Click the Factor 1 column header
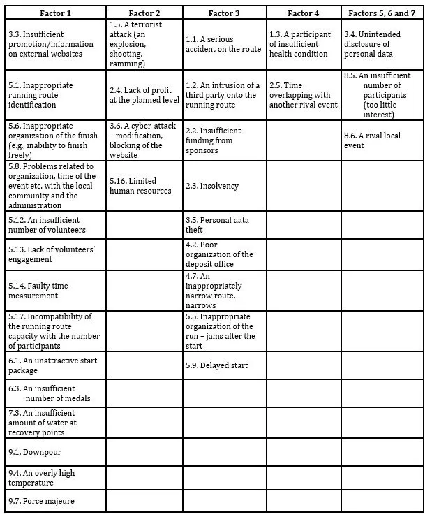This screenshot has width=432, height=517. [55, 13]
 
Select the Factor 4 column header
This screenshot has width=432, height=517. [303, 13]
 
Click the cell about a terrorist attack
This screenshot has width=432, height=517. [144, 44]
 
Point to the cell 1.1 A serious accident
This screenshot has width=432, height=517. [223, 44]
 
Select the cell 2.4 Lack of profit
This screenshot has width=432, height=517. [144, 95]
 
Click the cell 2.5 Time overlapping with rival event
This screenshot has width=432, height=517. [303, 95]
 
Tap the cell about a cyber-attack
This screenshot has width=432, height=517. [144, 140]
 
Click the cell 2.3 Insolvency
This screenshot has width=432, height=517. [223, 186]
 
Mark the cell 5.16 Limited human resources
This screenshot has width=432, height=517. [144, 186]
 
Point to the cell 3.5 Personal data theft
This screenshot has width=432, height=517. [223, 225]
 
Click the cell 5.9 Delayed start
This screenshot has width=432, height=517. [223, 365]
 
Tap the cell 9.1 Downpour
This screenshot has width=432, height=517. [55, 451]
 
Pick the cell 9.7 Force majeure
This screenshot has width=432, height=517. [55, 500]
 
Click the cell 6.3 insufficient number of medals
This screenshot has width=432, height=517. [55, 393]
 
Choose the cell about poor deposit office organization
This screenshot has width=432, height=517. [223, 254]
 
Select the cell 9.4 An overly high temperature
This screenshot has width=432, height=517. [55, 478]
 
